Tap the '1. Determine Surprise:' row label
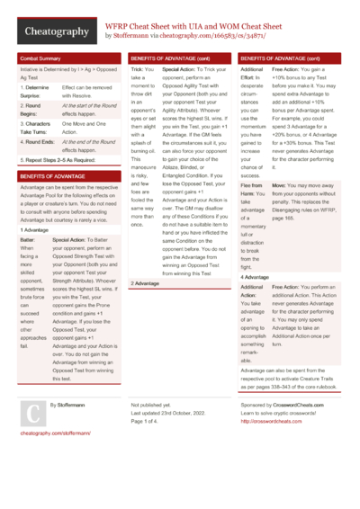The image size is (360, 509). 34,90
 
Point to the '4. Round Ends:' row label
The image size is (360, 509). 37,142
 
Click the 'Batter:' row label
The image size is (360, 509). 28,241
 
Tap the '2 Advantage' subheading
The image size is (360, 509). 145,283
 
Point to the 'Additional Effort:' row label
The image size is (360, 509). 253,73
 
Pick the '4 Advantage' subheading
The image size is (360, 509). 255,278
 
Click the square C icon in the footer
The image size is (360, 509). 31,413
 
